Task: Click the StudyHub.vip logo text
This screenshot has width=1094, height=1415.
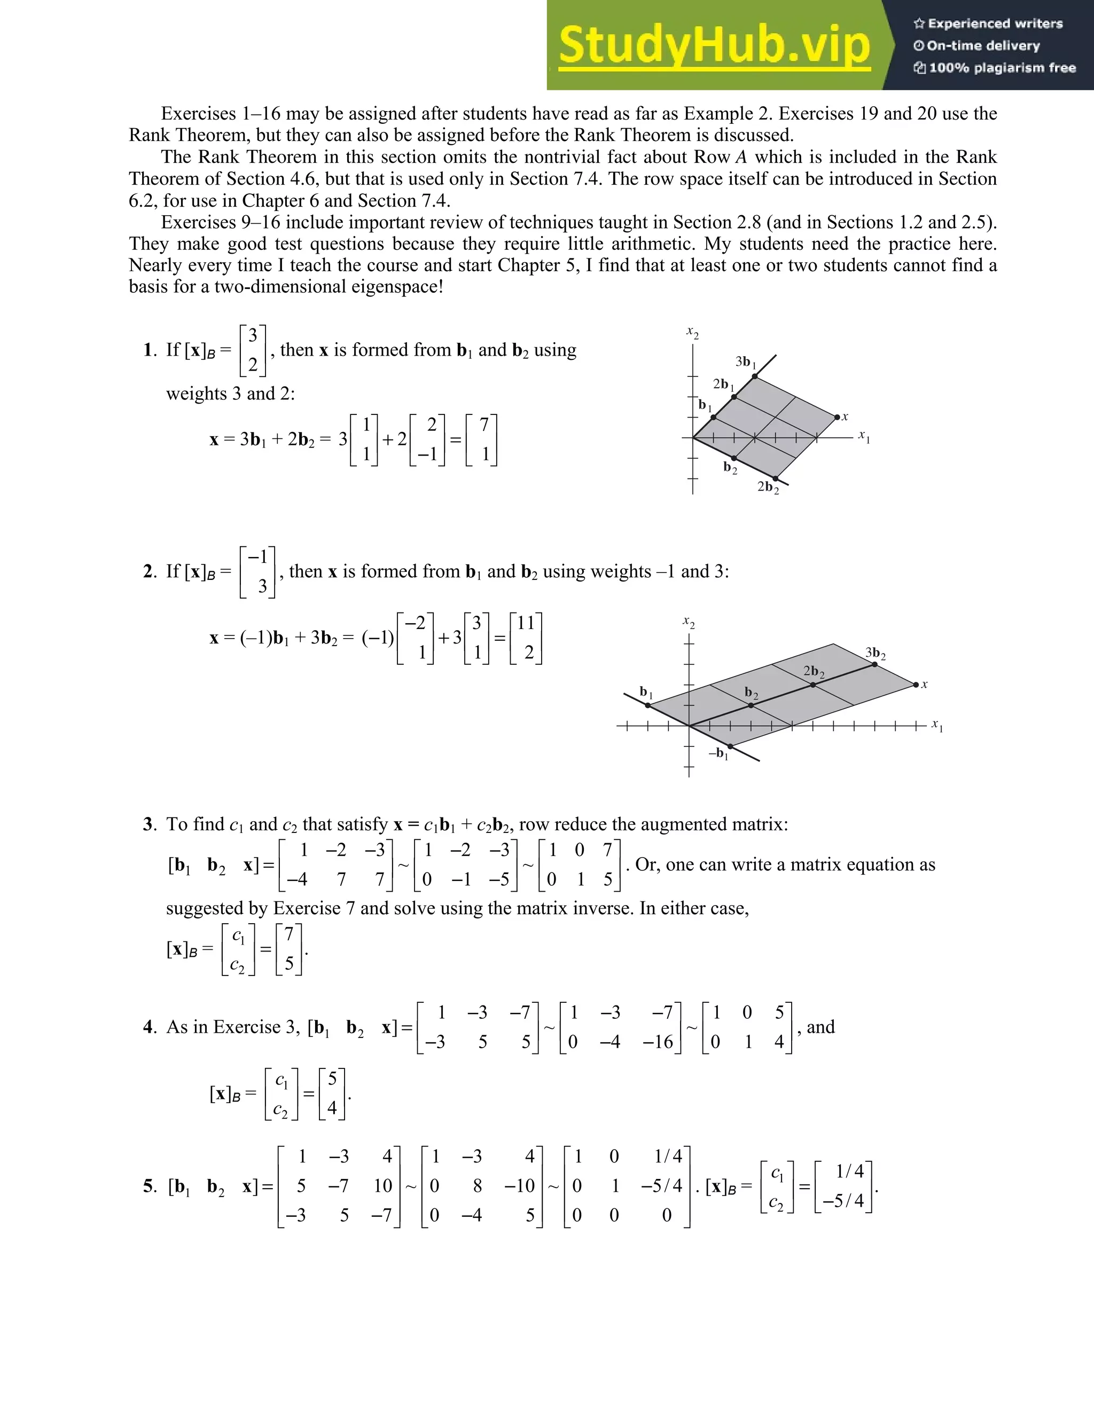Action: pos(714,45)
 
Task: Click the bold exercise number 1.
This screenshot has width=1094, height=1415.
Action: pos(149,350)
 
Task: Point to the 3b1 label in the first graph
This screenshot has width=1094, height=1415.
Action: pos(745,361)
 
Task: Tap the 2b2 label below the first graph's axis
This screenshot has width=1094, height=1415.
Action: pos(768,487)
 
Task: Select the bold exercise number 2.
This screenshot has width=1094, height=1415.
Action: pos(149,572)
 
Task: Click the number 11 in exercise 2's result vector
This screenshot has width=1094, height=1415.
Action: pos(526,623)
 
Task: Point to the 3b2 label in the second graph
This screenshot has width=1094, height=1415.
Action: pos(875,653)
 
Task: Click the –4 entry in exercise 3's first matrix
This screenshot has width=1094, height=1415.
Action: pos(298,880)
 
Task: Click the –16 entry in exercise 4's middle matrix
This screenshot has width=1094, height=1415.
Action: pos(658,1042)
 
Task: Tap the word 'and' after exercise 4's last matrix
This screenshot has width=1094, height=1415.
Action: pos(820,1027)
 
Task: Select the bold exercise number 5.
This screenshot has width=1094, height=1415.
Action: pos(149,1186)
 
